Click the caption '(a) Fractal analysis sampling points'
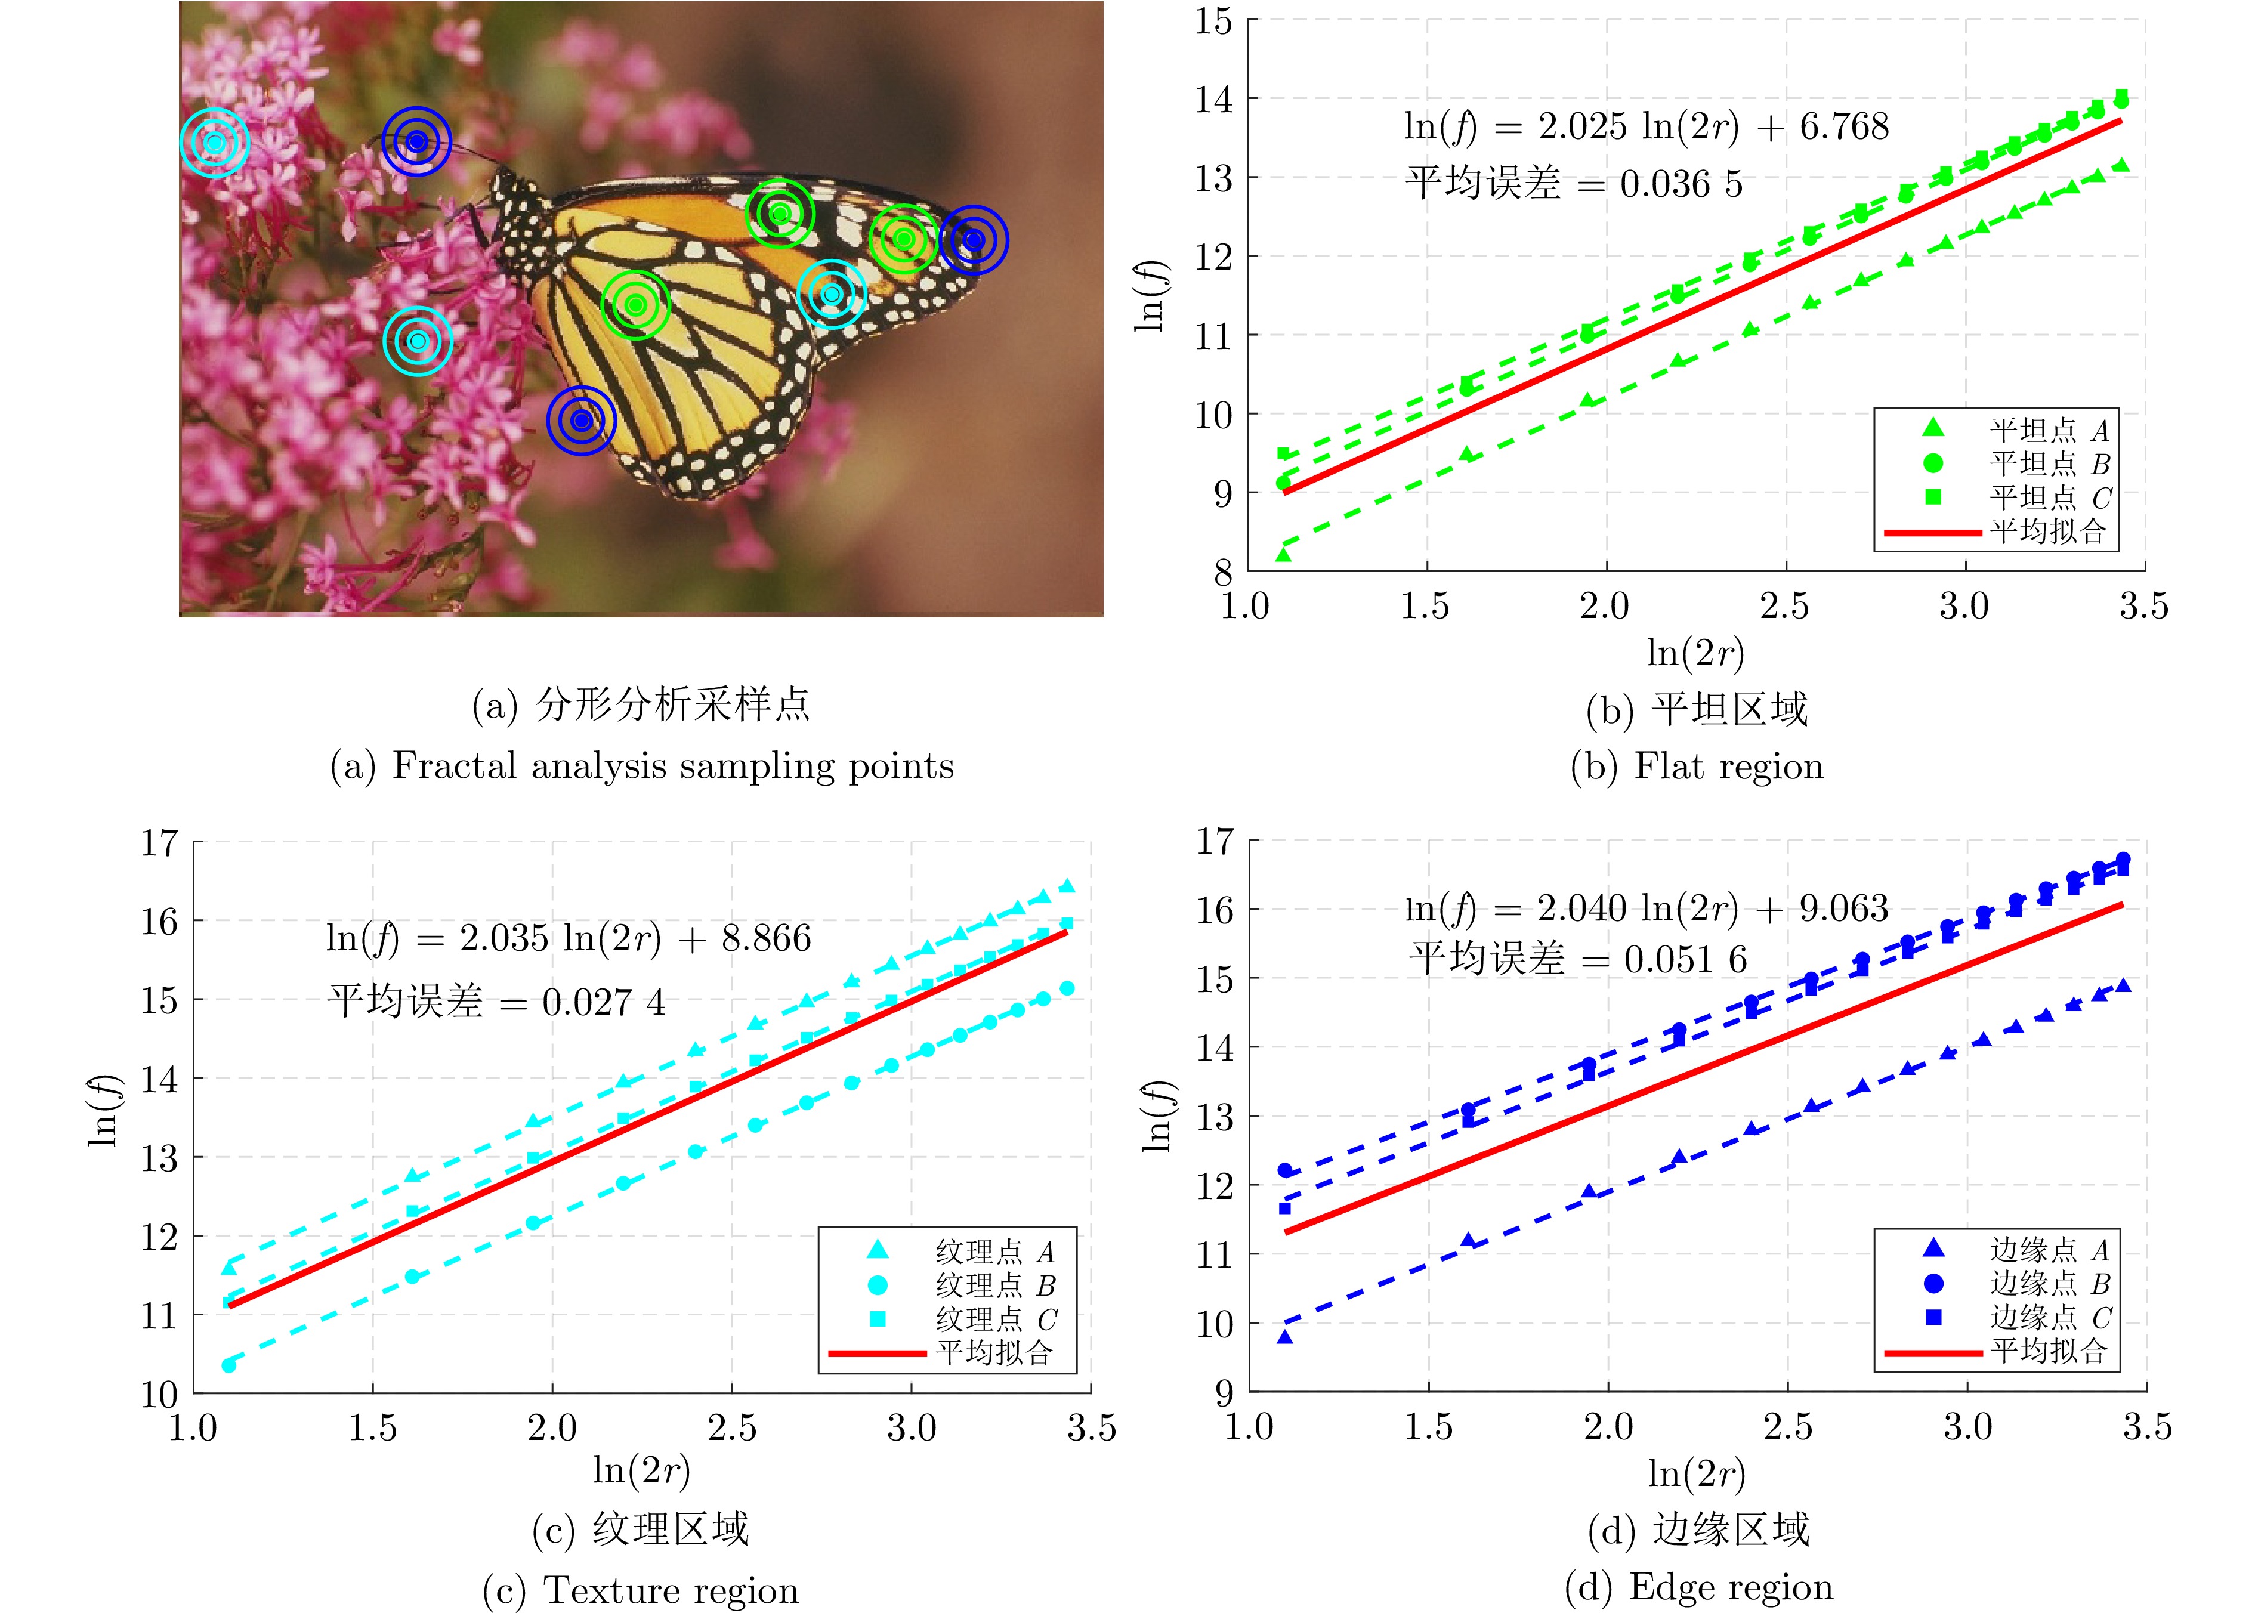pyautogui.click(x=642, y=766)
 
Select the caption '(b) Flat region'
pyautogui.click(x=1697, y=767)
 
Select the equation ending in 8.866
pyautogui.click(x=568, y=938)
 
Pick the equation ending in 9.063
pyautogui.click(x=1646, y=909)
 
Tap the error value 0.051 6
pyautogui.click(x=1685, y=959)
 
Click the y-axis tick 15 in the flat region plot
pyautogui.click(x=1213, y=22)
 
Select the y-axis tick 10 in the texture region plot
pyautogui.click(x=159, y=1395)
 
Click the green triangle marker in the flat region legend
pyautogui.click(x=1932, y=428)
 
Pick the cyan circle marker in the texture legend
pyautogui.click(x=877, y=1286)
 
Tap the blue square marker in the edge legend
pyautogui.click(x=1933, y=1317)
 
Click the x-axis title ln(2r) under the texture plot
pyautogui.click(x=641, y=1470)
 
